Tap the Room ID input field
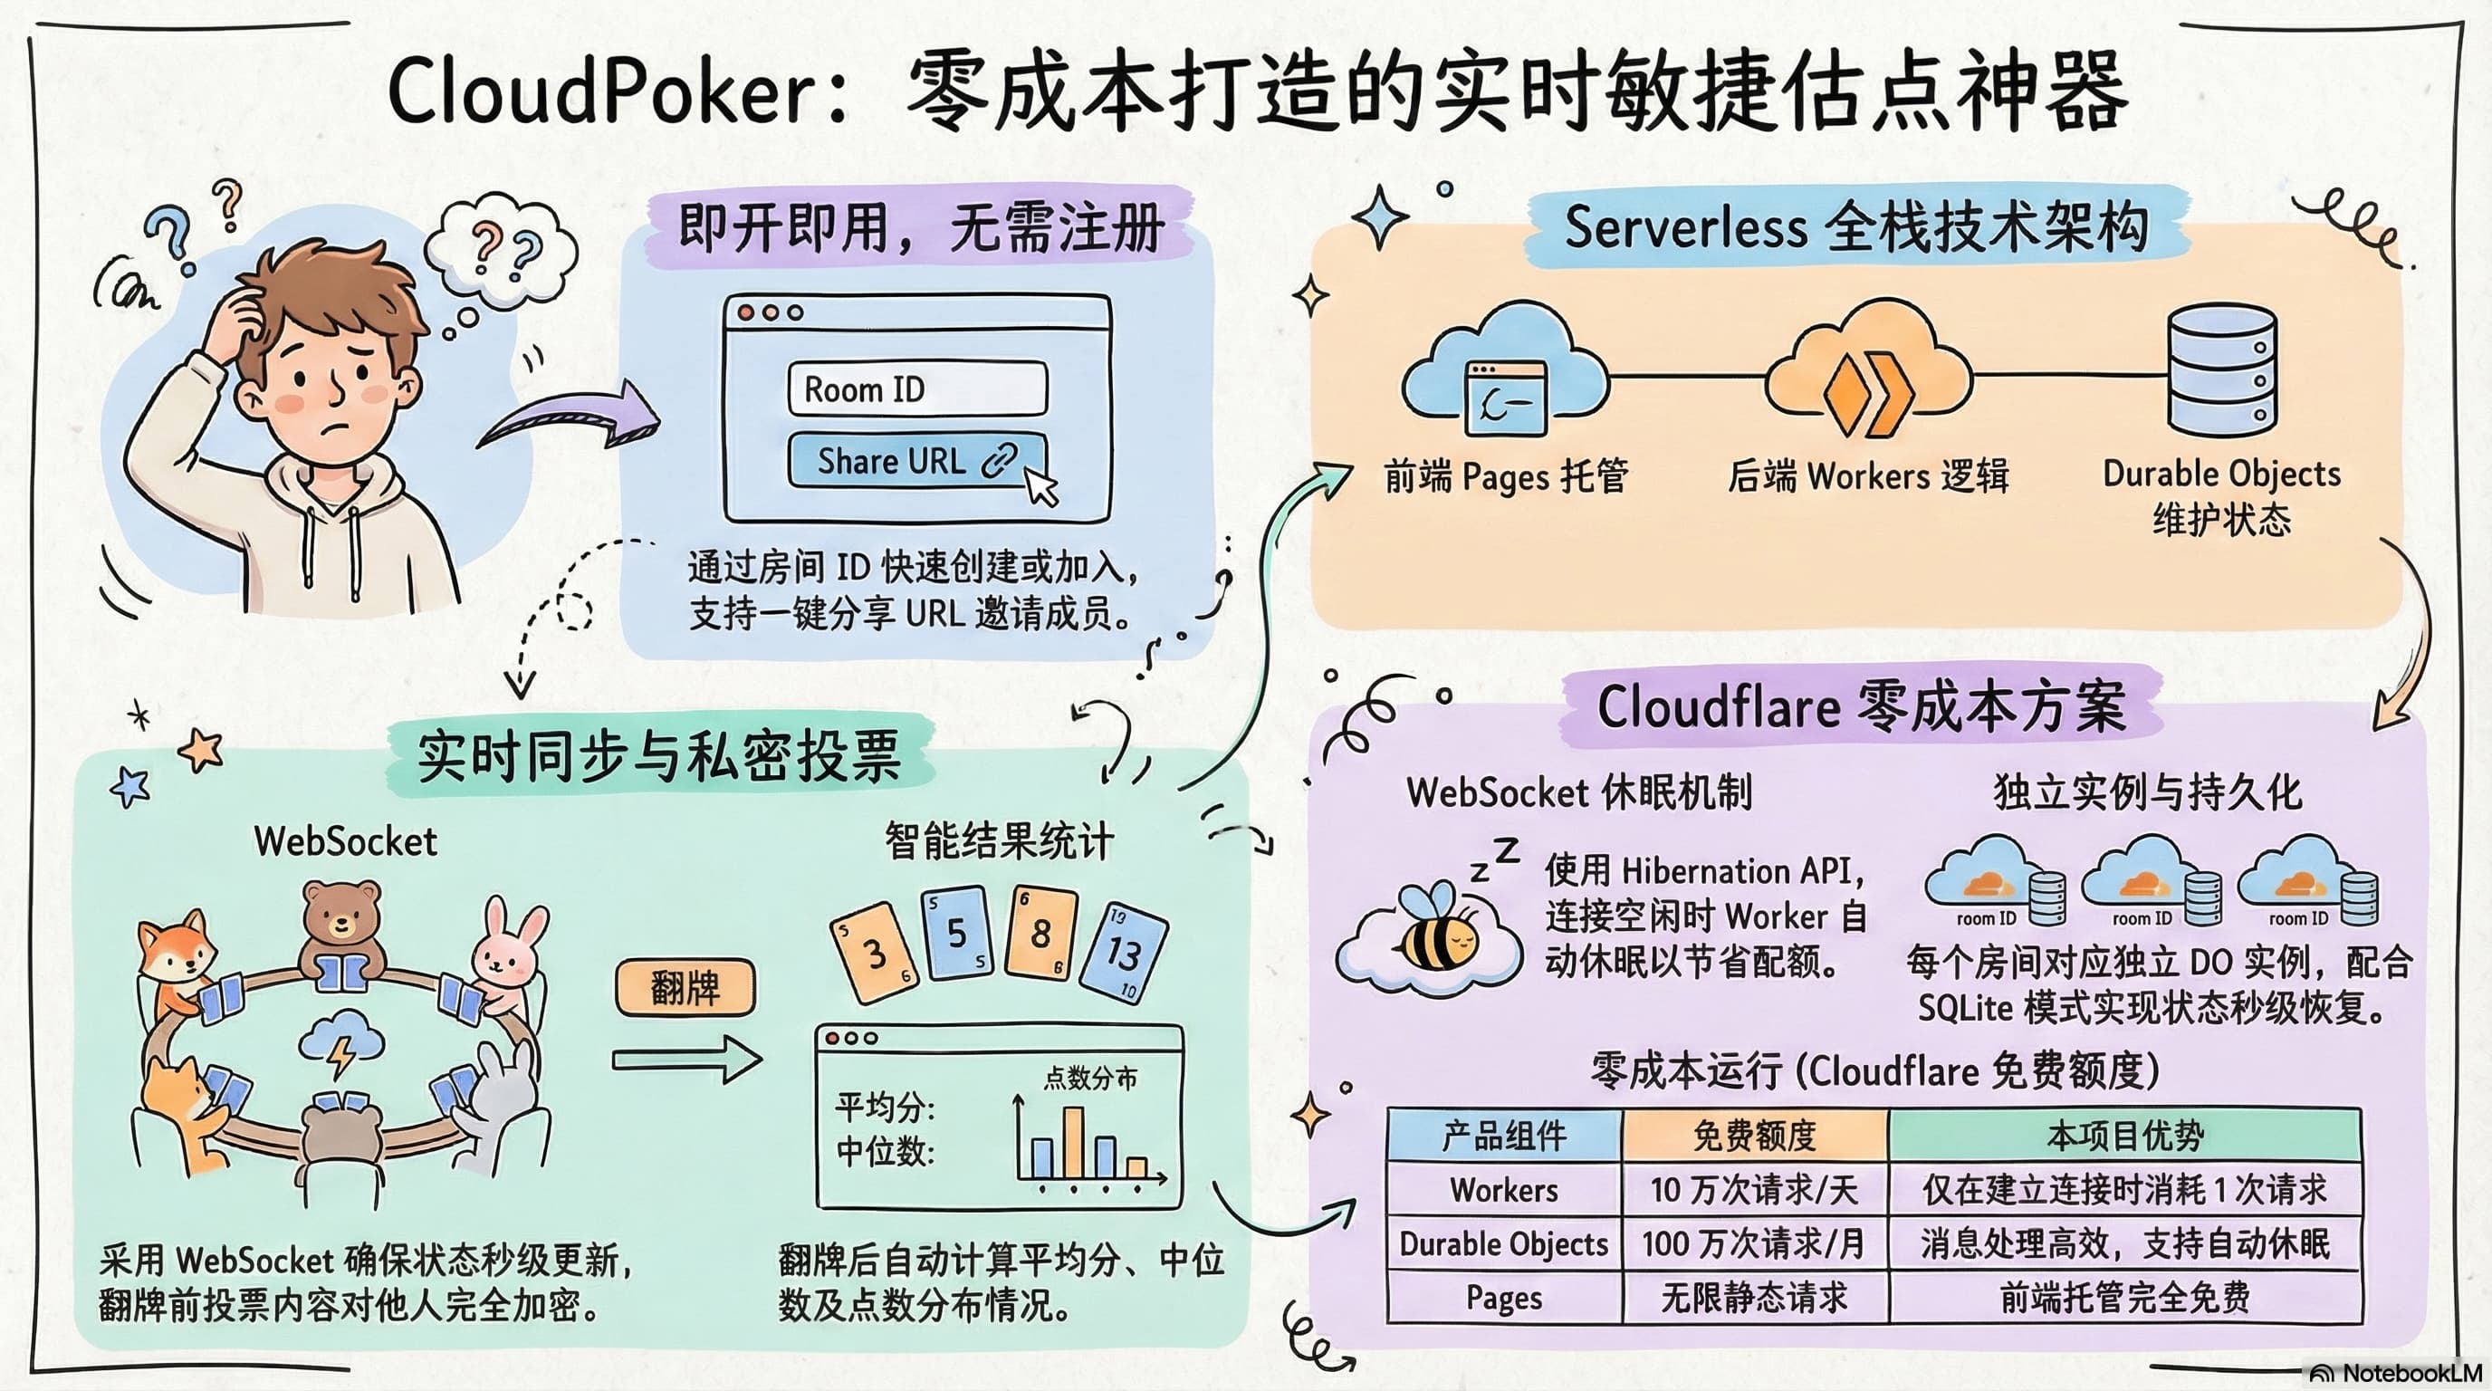click(x=917, y=389)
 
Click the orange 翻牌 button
click(x=685, y=988)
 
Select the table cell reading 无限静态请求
click(x=1754, y=1297)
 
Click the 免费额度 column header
click(x=1754, y=1135)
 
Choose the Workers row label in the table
click(x=1503, y=1189)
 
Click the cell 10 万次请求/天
click(x=1754, y=1189)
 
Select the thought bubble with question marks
click(x=502, y=252)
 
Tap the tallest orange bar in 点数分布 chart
click(x=1073, y=1142)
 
